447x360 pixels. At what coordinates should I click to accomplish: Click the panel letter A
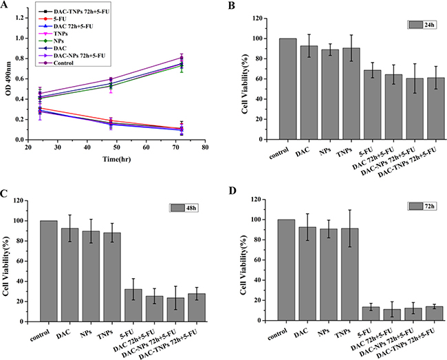(6, 6)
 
